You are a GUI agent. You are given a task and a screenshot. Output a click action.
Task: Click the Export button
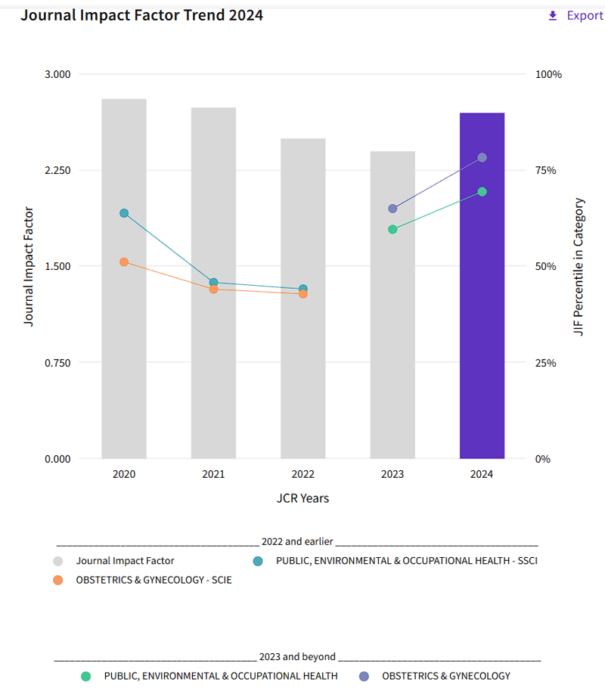click(576, 16)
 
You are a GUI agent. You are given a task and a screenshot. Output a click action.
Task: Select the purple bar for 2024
click(482, 302)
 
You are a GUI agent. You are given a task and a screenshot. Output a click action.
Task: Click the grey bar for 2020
click(124, 340)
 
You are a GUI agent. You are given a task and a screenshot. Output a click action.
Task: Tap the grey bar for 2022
click(302, 363)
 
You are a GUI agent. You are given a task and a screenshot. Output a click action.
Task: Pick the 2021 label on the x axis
click(213, 475)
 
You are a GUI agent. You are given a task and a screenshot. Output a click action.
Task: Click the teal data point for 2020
click(124, 213)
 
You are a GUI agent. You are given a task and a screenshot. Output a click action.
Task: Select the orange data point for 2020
click(124, 262)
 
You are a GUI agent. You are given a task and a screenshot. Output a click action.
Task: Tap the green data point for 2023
click(392, 229)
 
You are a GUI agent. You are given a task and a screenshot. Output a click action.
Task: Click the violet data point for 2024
click(482, 158)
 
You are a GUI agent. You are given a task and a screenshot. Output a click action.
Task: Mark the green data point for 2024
click(482, 192)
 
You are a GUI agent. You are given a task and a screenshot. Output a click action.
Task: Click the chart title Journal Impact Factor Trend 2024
click(141, 15)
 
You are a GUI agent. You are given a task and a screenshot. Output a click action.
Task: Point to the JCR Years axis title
click(302, 498)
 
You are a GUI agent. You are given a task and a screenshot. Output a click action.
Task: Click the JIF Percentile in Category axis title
click(579, 267)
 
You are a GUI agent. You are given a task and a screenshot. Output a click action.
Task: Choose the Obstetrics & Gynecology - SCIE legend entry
click(154, 581)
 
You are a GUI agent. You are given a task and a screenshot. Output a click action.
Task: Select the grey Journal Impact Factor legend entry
click(125, 561)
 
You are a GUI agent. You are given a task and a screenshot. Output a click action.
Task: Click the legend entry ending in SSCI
click(406, 561)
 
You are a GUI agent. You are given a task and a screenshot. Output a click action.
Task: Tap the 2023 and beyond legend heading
click(297, 657)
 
